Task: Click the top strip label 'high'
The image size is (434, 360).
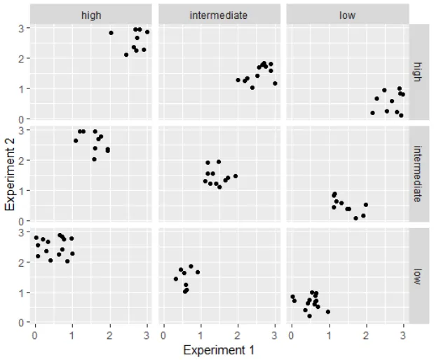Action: (90, 15)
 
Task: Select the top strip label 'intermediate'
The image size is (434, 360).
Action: (218, 15)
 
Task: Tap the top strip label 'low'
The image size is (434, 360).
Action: (346, 15)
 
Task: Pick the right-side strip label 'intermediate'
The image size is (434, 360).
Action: (418, 174)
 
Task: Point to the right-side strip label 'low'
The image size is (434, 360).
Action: (418, 276)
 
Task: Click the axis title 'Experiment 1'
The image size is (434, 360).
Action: (218, 349)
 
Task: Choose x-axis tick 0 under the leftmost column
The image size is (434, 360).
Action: (35, 335)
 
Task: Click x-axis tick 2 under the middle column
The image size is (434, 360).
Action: (238, 335)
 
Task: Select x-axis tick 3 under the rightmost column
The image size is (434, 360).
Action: (403, 335)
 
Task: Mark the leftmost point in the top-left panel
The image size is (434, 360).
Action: (111, 33)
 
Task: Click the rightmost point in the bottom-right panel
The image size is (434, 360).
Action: (327, 312)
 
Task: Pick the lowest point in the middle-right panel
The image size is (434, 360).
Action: (355, 218)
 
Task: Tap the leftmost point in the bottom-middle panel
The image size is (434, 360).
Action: (175, 279)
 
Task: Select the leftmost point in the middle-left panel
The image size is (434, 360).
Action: (76, 140)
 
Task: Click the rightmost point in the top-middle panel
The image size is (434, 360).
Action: (275, 83)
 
